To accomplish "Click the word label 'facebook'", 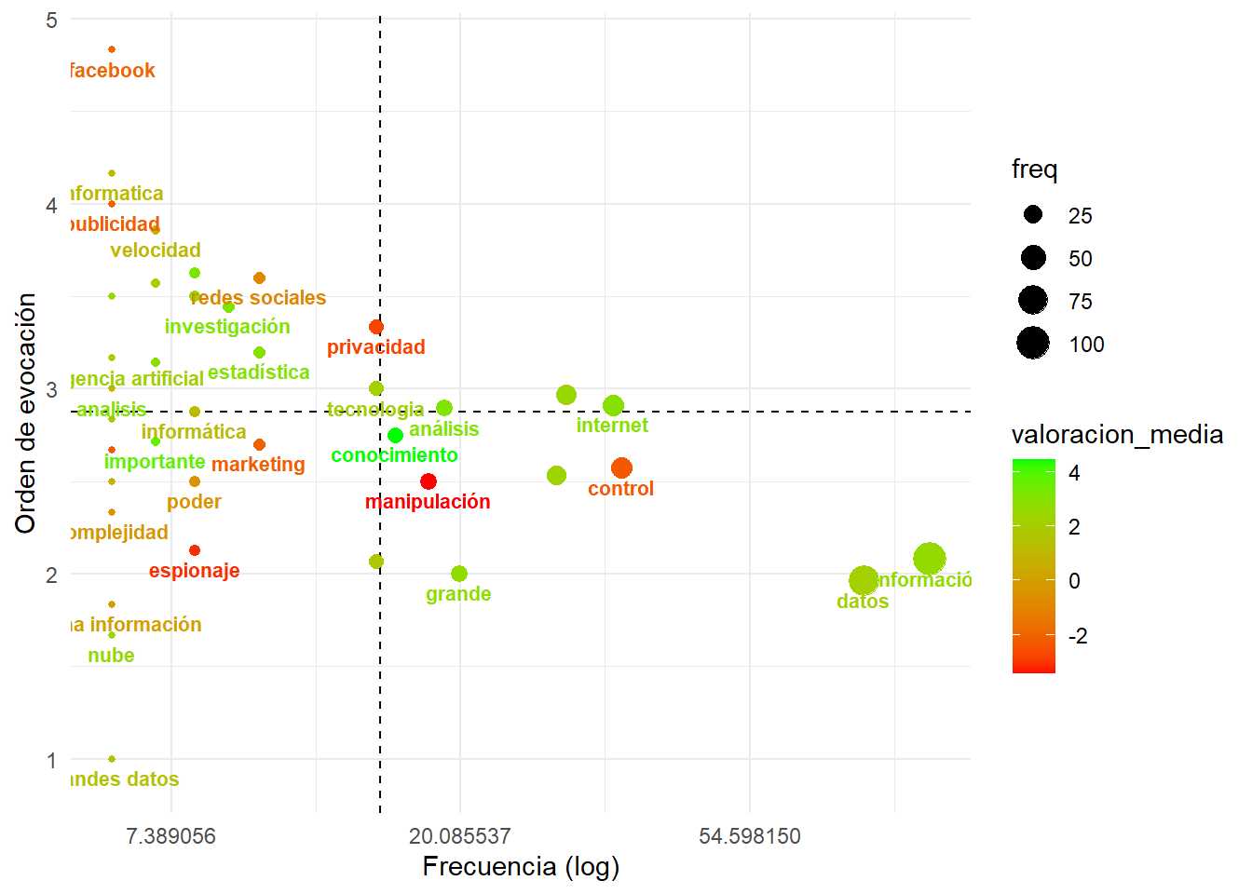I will (113, 71).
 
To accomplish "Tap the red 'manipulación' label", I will (428, 502).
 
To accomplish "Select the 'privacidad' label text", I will (375, 347).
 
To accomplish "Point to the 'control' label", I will (620, 489).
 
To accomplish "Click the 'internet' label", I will (612, 426).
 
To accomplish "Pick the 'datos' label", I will (863, 602).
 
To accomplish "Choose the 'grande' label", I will (458, 594).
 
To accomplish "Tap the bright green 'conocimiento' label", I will (394, 455).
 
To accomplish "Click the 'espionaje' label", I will (194, 571).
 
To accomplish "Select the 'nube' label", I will (111, 656).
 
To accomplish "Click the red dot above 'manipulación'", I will (429, 481).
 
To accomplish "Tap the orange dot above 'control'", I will (621, 468).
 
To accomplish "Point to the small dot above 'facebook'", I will (112, 49).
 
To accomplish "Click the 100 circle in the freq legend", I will (1033, 344).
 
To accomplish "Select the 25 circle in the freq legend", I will (1033, 215).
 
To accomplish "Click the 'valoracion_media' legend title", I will (1117, 435).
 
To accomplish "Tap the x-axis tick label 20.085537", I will (460, 836).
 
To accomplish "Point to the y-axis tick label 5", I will (51, 20).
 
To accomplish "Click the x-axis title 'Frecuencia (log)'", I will (521, 867).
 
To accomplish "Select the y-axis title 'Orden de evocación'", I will (26, 413).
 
